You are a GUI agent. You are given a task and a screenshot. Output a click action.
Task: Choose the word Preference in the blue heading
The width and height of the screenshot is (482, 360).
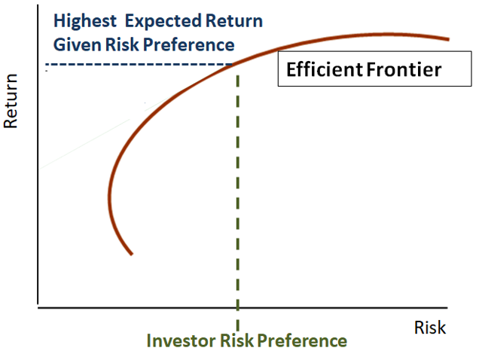[x=188, y=44]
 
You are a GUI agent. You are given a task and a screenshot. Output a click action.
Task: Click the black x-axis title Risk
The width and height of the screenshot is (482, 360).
[x=430, y=328]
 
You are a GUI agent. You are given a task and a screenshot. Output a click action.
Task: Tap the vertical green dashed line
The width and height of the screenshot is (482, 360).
[x=238, y=188]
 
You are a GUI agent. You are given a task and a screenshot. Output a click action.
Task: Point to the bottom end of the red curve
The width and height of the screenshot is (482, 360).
[x=132, y=254]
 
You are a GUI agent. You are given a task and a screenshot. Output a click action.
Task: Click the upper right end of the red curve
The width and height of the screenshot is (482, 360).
[x=449, y=39]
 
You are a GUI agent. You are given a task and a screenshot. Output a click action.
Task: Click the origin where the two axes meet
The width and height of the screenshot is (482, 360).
[x=37, y=307]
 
